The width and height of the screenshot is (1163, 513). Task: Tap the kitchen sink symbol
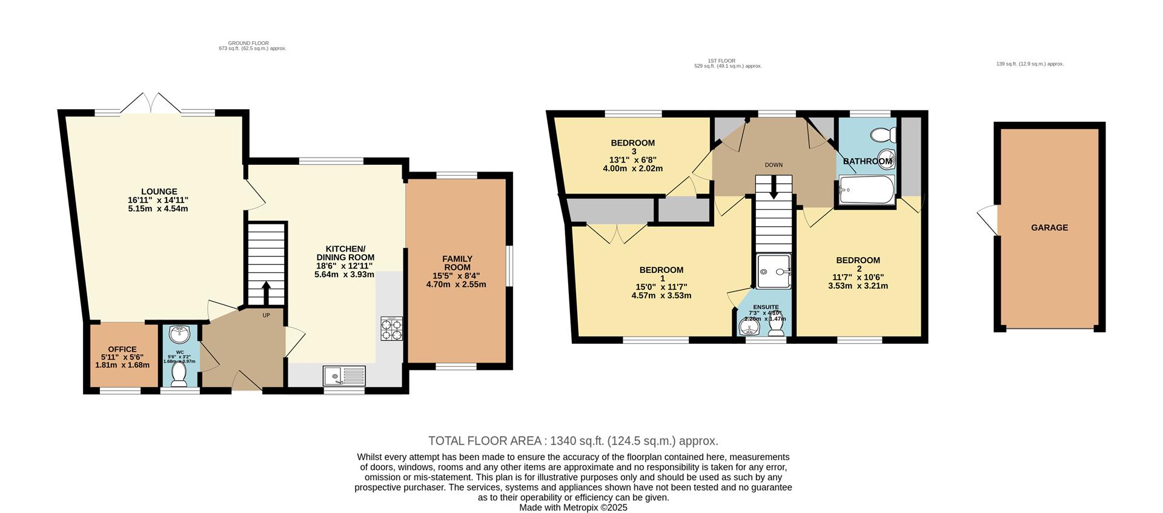(344, 376)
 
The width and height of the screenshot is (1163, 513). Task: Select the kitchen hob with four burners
(391, 329)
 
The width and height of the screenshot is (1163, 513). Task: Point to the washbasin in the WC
(180, 334)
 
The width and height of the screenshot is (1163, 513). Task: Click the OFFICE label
(122, 349)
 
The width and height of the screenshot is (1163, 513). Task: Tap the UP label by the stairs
(266, 315)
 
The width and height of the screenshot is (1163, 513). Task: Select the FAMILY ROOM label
(457, 263)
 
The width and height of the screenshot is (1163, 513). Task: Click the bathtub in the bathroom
(866, 190)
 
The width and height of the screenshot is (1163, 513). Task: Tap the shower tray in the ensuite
(774, 271)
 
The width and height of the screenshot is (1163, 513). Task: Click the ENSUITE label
(766, 307)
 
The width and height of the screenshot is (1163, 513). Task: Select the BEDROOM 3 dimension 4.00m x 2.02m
(632, 169)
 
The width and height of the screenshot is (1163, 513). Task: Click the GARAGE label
(1049, 227)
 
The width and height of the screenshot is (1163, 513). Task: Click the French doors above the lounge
(151, 102)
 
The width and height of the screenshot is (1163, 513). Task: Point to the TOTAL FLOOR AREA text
(572, 441)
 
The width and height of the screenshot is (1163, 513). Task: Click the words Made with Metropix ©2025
(572, 508)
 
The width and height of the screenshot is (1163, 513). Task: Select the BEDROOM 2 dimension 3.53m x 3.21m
(858, 286)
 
